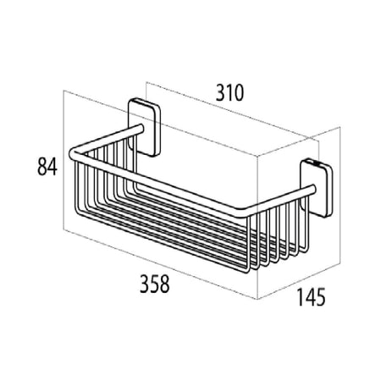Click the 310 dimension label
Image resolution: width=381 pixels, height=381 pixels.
coord(229,93)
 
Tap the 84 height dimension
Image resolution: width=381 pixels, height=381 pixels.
coord(47,167)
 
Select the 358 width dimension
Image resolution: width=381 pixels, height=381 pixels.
coord(155,284)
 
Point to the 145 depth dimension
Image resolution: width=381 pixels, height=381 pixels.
coord(312,297)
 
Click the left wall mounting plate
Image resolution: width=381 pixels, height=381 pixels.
coord(145,127)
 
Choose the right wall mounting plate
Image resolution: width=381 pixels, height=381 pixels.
coord(317,189)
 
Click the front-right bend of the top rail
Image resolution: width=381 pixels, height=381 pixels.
coord(243,213)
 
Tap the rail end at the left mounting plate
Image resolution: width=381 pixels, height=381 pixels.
coord(141,128)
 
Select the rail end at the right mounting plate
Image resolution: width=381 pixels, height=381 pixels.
coord(312,189)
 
